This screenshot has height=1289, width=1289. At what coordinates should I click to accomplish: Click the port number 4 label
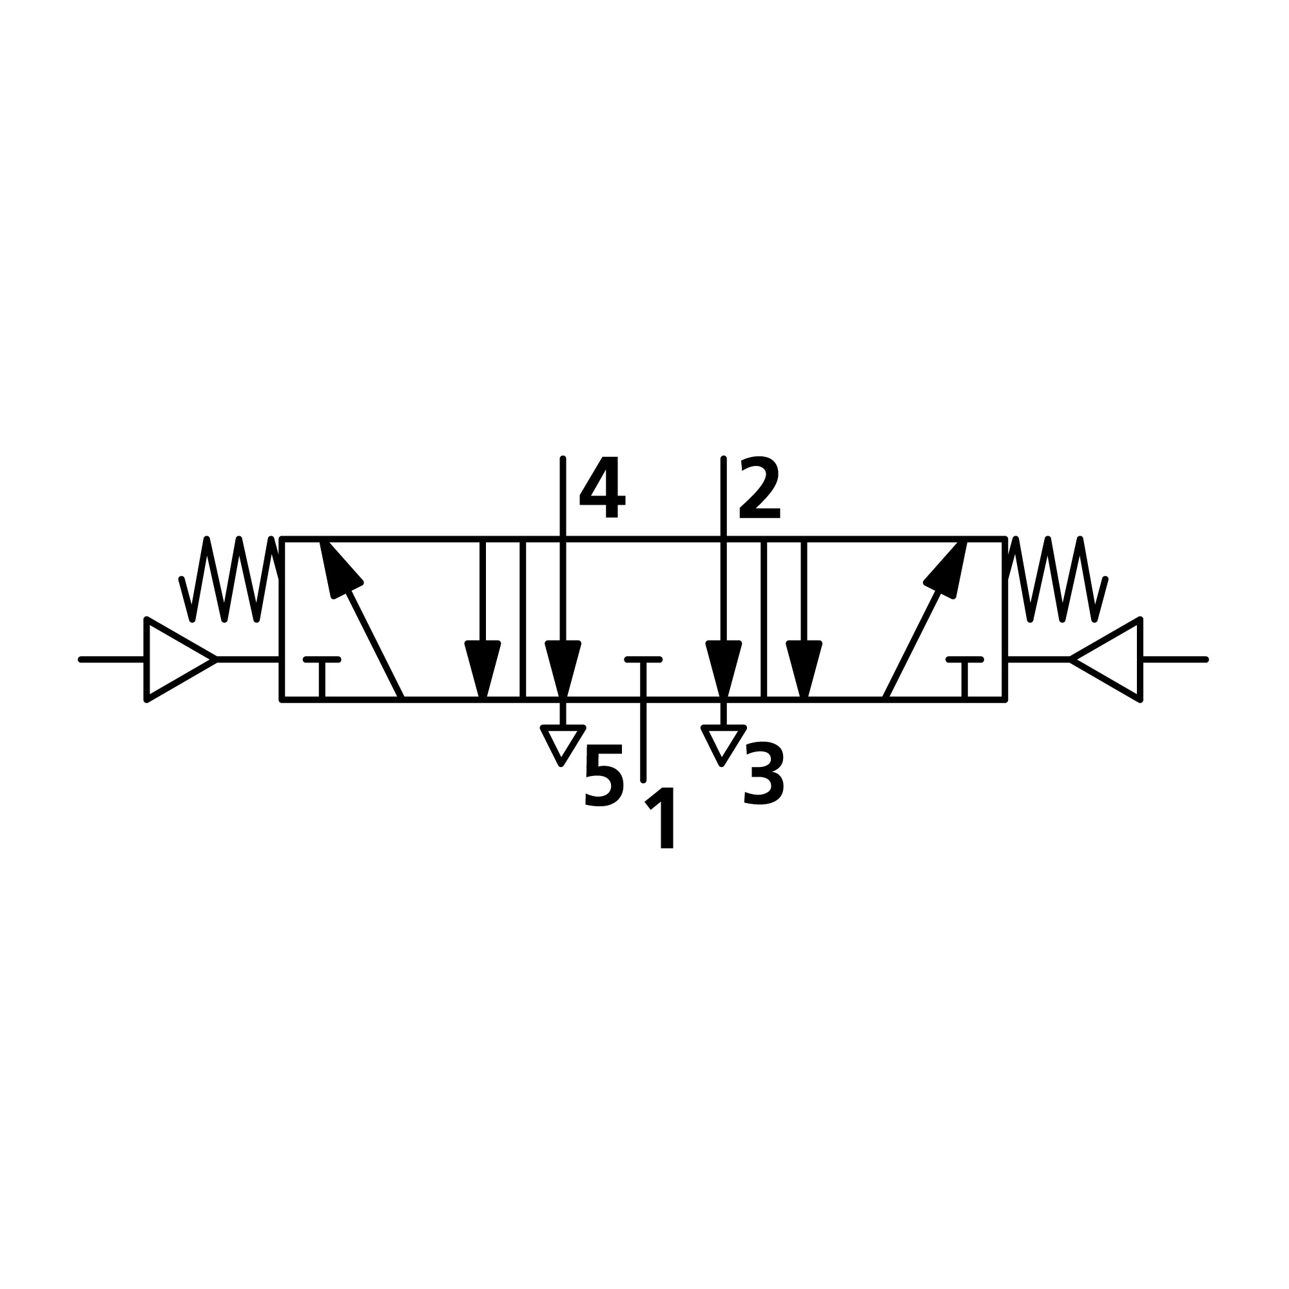[x=603, y=487]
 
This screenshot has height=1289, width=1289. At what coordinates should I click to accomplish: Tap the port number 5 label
[x=604, y=775]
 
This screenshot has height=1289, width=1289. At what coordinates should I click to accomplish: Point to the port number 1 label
[x=661, y=818]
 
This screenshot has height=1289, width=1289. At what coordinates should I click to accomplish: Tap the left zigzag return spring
[x=230, y=579]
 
